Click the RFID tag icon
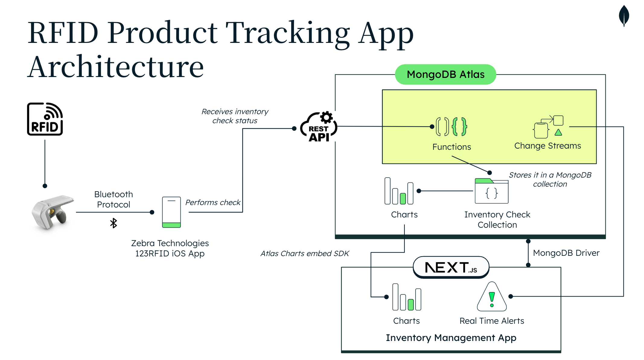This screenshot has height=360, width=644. point(45,119)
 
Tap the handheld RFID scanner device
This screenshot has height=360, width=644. point(53,212)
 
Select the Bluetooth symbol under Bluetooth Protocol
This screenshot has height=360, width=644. point(113,223)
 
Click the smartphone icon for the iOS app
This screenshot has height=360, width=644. point(171,212)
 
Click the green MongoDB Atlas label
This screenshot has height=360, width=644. point(445,74)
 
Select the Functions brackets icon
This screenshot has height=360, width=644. point(451,127)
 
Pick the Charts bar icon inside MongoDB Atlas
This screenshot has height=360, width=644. point(399,191)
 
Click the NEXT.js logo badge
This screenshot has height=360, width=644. point(451,267)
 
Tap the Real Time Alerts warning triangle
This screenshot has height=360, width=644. point(492,297)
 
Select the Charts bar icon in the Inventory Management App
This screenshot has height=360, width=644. point(406,297)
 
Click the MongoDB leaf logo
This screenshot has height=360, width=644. point(624,16)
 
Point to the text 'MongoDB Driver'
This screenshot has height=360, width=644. point(566,253)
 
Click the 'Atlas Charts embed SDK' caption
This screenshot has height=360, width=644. point(305,253)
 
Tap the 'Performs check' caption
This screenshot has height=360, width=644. point(213,202)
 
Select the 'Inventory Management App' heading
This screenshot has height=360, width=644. point(451,338)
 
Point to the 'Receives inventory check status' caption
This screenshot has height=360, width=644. point(235,116)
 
